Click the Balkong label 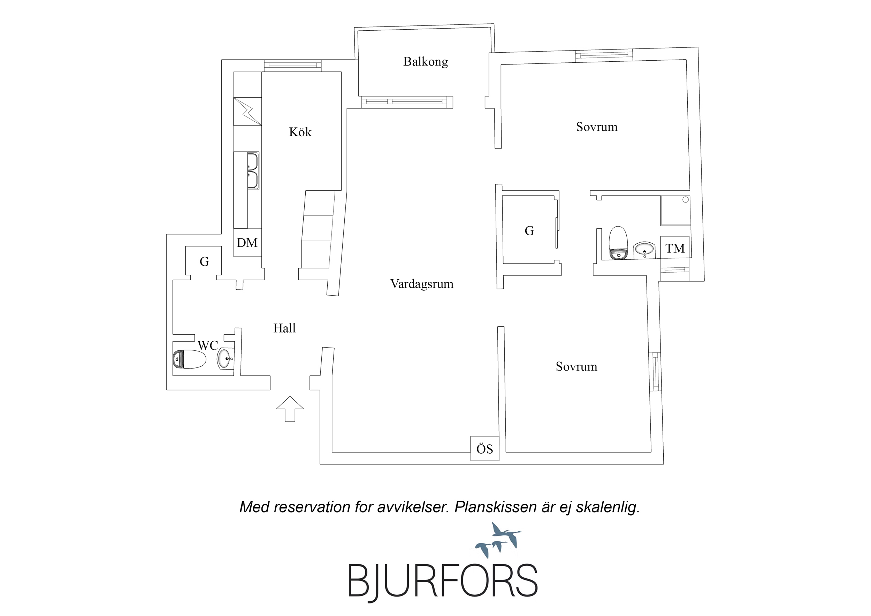pos(425,61)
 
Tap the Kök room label pos(300,132)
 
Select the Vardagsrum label pos(422,284)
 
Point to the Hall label pos(284,328)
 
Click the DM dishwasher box pos(247,243)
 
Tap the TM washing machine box pos(675,248)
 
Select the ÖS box pos(484,449)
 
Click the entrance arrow pos(290,409)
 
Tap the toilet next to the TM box pos(618,243)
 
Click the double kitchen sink pos(253,171)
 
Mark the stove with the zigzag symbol pos(247,111)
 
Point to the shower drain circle pos(685,200)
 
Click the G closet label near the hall pos(204,261)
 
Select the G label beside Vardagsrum pos(529,231)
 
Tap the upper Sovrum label pos(597,127)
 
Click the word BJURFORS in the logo pos(443,581)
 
